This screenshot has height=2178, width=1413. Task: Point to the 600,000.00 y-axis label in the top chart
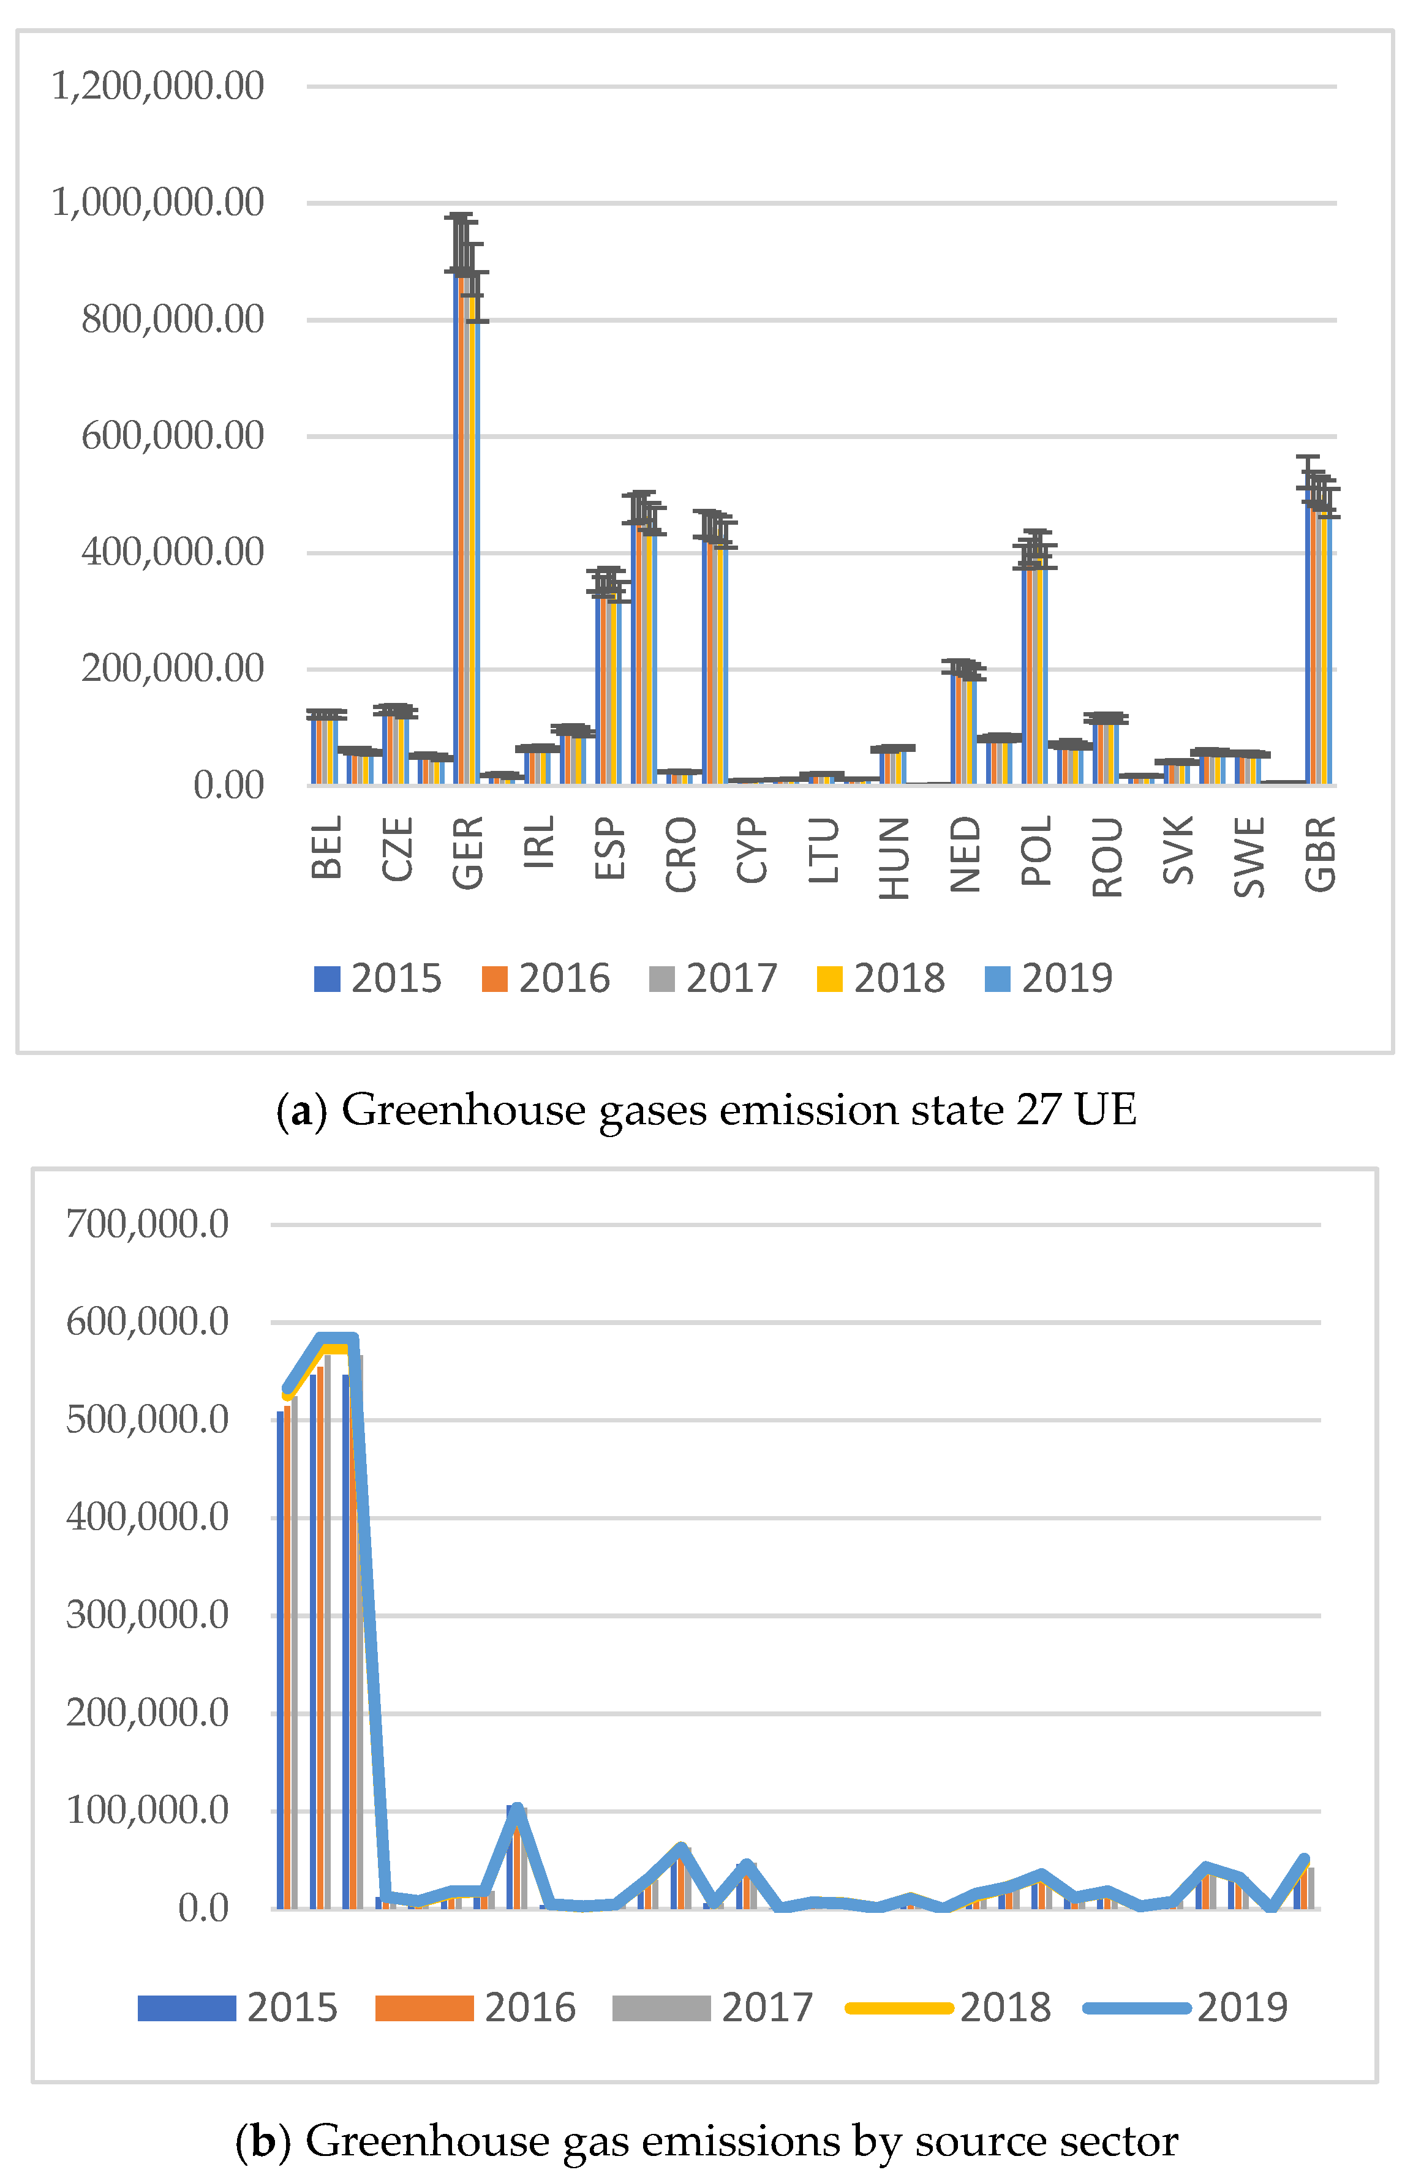click(173, 435)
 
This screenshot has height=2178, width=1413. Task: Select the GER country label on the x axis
click(468, 853)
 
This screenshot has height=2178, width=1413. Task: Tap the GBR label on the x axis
click(1321, 854)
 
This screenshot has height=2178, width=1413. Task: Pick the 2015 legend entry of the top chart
click(377, 978)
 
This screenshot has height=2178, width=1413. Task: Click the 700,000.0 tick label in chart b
click(148, 1223)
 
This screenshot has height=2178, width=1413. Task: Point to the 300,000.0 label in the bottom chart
click(148, 1615)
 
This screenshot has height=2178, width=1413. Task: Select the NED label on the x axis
click(965, 854)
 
